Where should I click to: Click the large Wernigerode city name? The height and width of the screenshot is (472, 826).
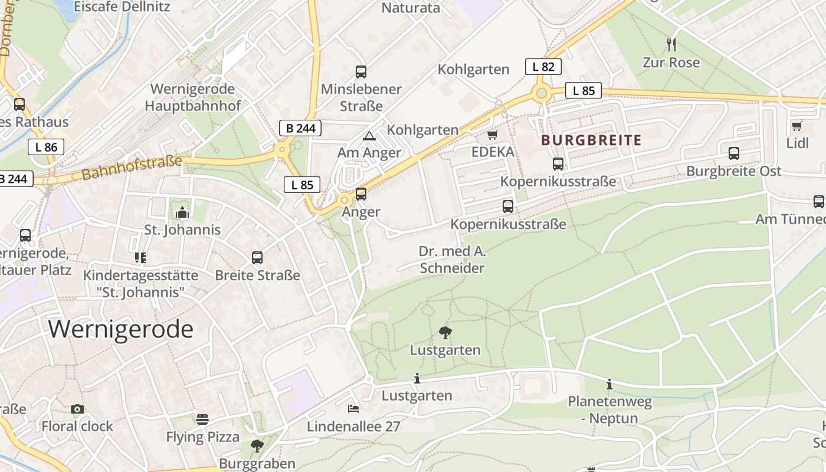121,329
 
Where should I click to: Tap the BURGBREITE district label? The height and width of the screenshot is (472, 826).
591,140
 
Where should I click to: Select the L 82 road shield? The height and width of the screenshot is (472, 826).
543,67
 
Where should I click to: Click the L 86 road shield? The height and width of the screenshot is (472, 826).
45,147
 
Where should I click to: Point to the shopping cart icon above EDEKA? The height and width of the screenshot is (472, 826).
493,135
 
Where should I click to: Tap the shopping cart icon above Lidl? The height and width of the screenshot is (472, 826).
796,126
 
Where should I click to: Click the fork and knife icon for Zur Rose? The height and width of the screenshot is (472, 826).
671,44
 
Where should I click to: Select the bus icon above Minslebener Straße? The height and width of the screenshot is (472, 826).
361,72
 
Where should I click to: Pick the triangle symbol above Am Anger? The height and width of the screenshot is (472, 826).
369,136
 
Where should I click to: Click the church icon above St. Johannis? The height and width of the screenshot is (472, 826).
182,212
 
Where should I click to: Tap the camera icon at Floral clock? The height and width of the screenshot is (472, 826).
77,409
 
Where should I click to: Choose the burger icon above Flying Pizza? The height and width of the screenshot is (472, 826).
202,419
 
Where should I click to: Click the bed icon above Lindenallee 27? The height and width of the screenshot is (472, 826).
353,408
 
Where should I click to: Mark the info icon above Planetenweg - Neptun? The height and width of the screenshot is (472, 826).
609,385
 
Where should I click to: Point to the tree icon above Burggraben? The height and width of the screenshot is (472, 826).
257,446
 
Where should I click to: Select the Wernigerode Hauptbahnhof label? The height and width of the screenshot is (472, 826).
193,97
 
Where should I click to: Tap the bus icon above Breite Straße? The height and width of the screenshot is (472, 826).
257,258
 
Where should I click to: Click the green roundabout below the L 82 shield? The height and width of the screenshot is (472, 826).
541,93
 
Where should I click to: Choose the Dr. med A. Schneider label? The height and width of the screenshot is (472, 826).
452,260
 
